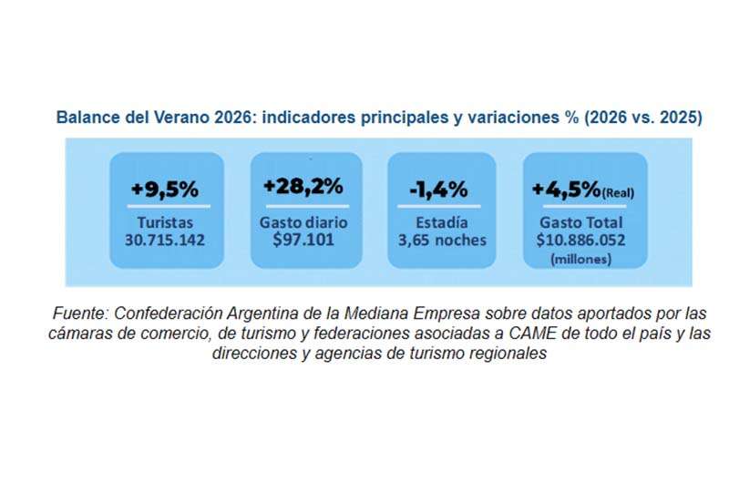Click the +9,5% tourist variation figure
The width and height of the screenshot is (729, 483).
(164, 190)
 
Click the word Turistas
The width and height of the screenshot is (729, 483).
(165, 222)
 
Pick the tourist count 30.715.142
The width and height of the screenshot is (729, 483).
(165, 241)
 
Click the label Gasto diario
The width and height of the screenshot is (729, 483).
(305, 222)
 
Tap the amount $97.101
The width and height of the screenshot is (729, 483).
(305, 241)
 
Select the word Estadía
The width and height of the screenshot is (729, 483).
(442, 222)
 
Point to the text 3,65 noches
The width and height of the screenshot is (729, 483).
(442, 241)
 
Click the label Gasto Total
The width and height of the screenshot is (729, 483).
(583, 222)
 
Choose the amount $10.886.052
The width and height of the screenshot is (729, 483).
(583, 241)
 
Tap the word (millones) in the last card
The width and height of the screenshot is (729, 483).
(583, 259)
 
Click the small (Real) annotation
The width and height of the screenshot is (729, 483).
(619, 192)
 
